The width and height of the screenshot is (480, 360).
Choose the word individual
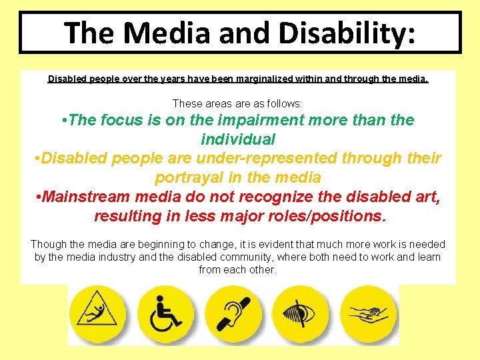(x=238, y=139)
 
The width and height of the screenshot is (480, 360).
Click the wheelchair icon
(x=165, y=313)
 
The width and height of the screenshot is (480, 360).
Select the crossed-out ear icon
(x=233, y=313)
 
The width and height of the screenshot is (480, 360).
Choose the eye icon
(x=301, y=313)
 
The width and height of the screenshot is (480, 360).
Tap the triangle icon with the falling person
(x=98, y=313)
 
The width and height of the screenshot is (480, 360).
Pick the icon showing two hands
(x=369, y=313)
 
